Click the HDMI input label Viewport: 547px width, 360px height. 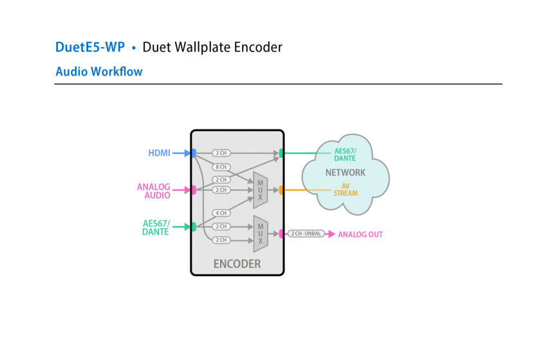(159, 153)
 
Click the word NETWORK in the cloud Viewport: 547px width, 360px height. (345, 173)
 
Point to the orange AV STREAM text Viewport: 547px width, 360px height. (346, 190)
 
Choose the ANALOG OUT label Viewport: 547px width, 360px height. (360, 234)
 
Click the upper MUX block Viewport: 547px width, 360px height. (260, 190)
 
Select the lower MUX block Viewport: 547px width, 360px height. (261, 233)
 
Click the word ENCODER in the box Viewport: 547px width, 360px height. (237, 264)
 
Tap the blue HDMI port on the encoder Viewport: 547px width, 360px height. (193, 153)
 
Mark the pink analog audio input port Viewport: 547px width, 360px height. (193, 190)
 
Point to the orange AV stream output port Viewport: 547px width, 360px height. (281, 190)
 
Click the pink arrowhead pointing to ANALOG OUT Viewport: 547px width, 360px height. (331, 234)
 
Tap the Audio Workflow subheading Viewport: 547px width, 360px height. (99, 71)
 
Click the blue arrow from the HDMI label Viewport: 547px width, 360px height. (182, 153)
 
